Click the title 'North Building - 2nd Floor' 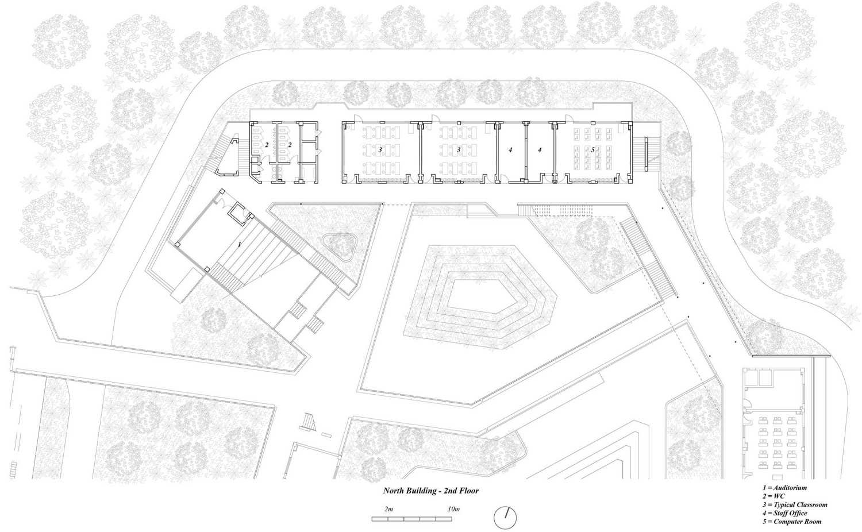[x=430, y=491]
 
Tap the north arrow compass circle [x=505, y=518]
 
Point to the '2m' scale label [x=388, y=509]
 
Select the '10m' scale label [x=454, y=509]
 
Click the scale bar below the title [x=412, y=519]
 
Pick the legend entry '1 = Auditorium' [x=784, y=488]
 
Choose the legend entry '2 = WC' [x=774, y=496]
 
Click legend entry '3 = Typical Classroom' [x=795, y=504]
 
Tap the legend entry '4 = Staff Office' [x=784, y=513]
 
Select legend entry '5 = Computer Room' [x=792, y=522]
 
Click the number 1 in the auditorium [x=240, y=245]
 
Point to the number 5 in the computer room [x=592, y=150]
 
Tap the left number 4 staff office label [x=510, y=150]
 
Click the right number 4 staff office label [x=540, y=150]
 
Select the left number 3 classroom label [x=380, y=150]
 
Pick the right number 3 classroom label [x=459, y=150]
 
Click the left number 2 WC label [x=266, y=145]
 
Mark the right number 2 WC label [x=290, y=145]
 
